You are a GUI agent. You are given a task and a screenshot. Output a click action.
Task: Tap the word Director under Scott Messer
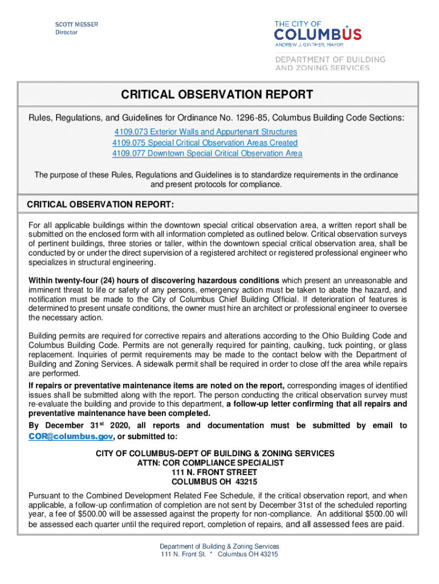(x=66, y=33)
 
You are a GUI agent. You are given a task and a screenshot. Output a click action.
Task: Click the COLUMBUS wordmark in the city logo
(x=318, y=34)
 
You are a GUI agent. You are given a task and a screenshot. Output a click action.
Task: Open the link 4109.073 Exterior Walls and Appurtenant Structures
(x=206, y=132)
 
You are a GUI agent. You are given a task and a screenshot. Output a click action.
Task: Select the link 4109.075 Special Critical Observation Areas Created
(x=205, y=143)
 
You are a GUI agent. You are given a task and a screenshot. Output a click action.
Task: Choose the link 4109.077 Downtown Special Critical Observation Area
(x=207, y=153)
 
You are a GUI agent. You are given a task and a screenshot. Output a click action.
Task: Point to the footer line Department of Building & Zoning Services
(x=219, y=546)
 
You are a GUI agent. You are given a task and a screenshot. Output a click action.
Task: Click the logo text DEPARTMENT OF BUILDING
(x=330, y=59)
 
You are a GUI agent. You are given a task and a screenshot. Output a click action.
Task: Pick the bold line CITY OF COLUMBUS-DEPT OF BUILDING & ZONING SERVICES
(x=215, y=453)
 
